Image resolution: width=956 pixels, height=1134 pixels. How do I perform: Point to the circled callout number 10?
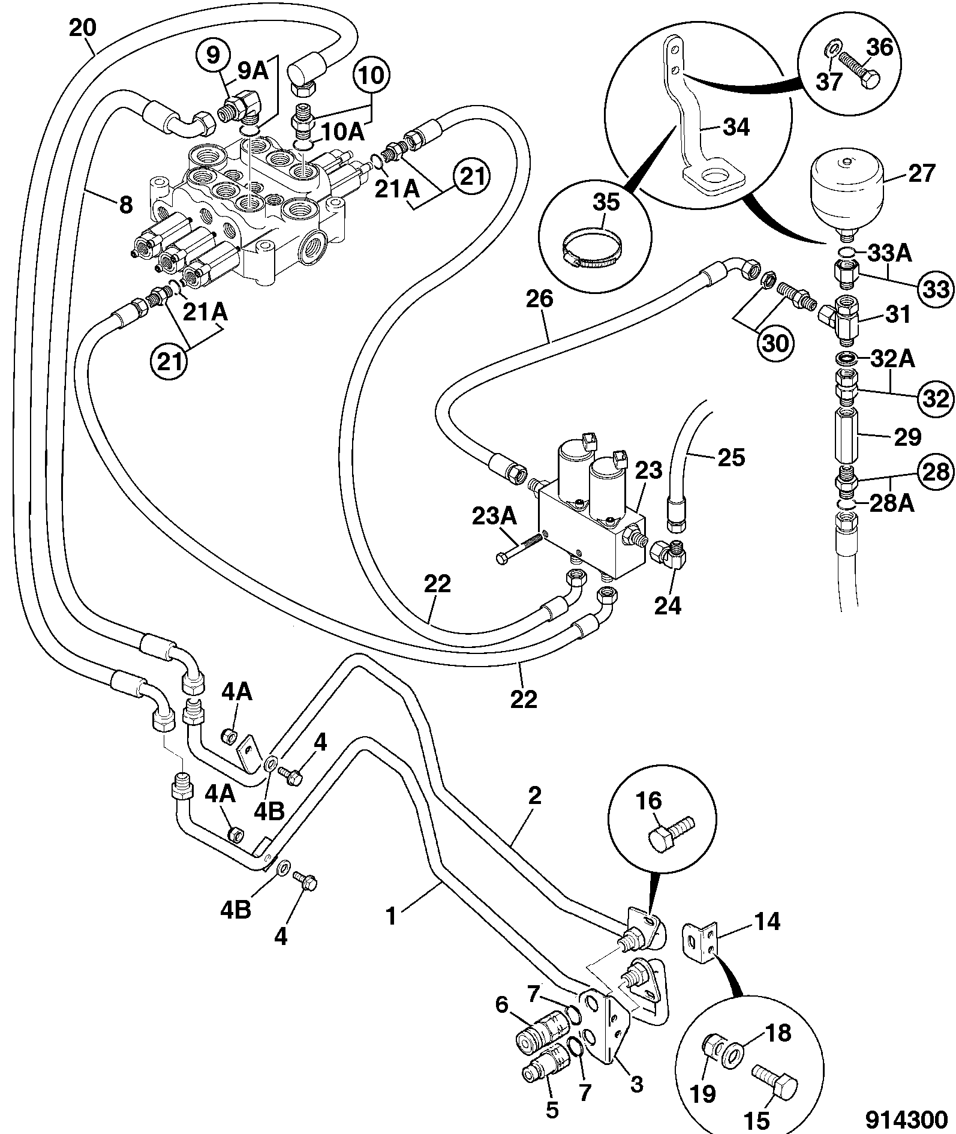371,77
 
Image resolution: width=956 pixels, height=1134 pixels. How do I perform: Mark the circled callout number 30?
774,343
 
